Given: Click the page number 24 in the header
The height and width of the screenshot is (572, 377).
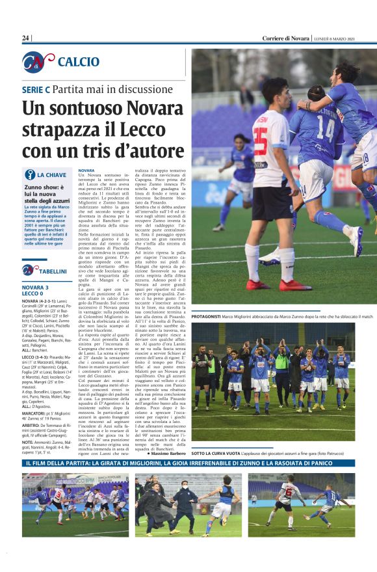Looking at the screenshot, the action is pyautogui.click(x=26, y=38).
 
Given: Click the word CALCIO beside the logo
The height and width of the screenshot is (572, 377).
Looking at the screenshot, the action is pyautogui.click(x=78, y=62).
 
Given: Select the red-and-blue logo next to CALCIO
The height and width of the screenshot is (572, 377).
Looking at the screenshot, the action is pyautogui.click(x=38, y=62).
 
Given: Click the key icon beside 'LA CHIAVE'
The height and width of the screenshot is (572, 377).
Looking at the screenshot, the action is pyautogui.click(x=29, y=174).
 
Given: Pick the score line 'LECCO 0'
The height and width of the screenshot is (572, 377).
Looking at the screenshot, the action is pyautogui.click(x=35, y=294).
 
